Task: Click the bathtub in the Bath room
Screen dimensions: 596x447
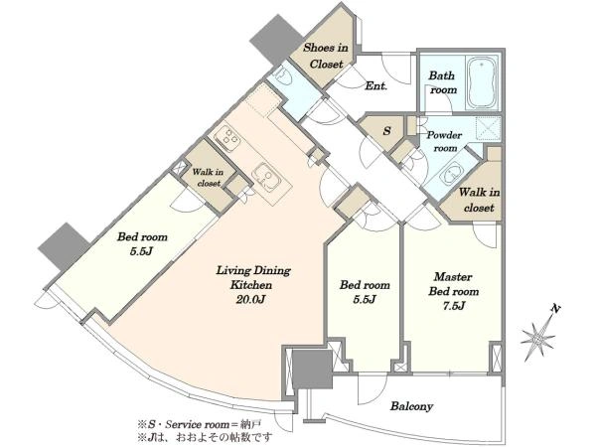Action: pos(482,83)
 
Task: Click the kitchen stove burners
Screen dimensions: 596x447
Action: pos(227,138)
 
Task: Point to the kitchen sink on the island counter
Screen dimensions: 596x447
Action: pos(264,176)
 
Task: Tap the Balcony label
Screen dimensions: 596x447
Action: pos(411,406)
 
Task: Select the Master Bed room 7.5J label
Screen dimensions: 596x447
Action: pos(454,291)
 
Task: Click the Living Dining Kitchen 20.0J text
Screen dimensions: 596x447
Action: pos(252,285)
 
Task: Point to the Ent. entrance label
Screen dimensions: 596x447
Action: pos(375,85)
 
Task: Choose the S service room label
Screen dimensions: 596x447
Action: pos(387,131)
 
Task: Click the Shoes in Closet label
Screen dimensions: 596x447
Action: pos(326,56)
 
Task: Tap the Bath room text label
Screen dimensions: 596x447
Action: pos(442,82)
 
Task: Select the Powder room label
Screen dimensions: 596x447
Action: pos(444,141)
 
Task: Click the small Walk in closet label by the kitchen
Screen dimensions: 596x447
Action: pos(208,178)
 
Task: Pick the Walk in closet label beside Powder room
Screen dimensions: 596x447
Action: pos(479,200)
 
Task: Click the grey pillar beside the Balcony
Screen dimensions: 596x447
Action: pos(313,370)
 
